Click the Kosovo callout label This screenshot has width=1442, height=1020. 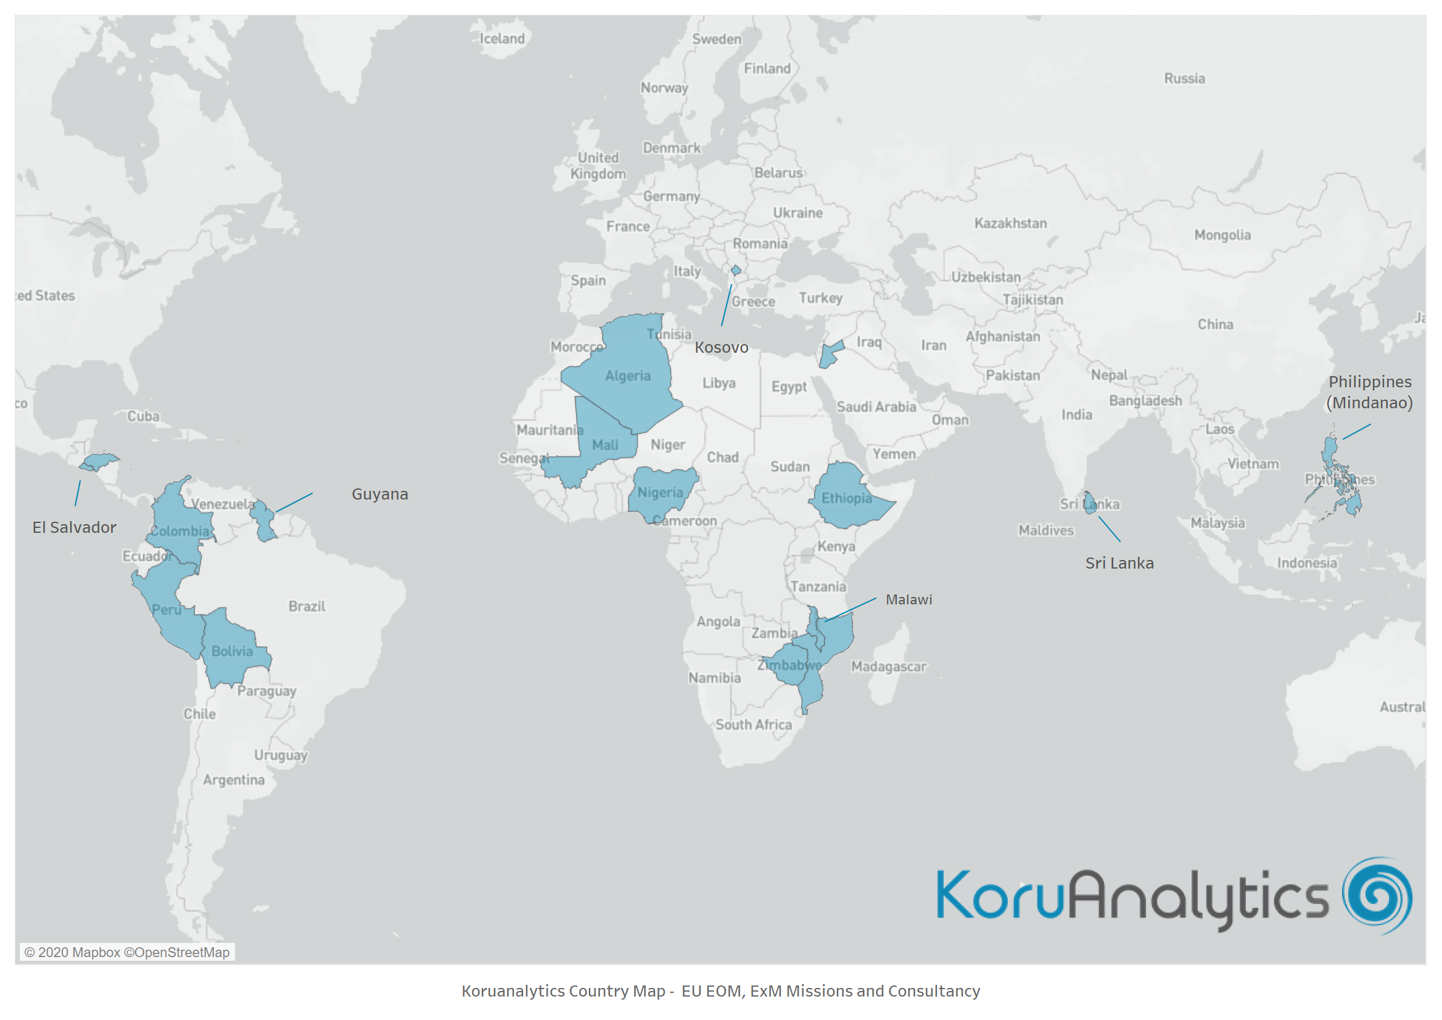721,347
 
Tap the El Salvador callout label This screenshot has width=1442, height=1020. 74,528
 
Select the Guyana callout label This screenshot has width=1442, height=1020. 379,495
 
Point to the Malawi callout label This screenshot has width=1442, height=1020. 908,600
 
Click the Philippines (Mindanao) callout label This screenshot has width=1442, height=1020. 1369,392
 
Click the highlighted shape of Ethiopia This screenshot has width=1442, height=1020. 848,496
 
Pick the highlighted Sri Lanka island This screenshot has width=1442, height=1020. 1090,503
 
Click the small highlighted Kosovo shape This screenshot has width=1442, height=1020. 735,271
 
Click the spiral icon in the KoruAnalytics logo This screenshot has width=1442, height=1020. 1377,895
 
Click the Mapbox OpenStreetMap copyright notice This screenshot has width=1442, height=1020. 127,952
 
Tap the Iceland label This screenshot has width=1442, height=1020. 502,39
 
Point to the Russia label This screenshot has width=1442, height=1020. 1184,78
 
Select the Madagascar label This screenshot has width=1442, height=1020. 888,667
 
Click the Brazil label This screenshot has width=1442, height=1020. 307,606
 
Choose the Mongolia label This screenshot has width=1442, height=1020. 1222,235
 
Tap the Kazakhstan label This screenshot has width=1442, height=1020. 1010,223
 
